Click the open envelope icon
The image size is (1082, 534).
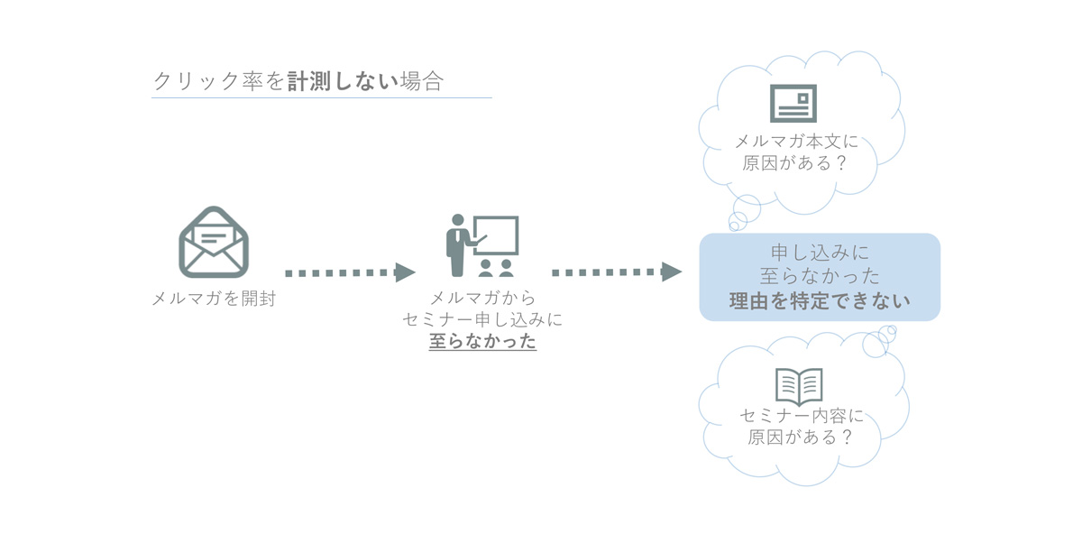click(214, 243)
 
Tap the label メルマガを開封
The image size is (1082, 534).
click(214, 299)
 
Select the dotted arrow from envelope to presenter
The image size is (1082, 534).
click(350, 272)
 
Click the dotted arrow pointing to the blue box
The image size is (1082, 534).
click(617, 272)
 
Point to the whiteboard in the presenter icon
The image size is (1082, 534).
click(496, 235)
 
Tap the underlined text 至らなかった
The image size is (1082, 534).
click(482, 341)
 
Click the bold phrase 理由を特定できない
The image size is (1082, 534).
click(820, 301)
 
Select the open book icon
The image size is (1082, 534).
click(799, 387)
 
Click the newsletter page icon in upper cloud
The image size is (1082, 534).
click(793, 104)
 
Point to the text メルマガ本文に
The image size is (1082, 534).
click(796, 142)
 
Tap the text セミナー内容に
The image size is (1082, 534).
click(802, 416)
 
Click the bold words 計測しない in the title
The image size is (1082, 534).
click(343, 81)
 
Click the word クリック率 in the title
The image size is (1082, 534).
click(208, 81)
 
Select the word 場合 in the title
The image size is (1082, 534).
click(422, 81)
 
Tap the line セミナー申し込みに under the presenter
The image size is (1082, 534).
click(482, 319)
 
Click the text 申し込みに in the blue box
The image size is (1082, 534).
click(820, 253)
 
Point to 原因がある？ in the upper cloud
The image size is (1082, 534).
click(794, 163)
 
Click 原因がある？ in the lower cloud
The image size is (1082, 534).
click(800, 437)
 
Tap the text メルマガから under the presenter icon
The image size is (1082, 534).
click(482, 298)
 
